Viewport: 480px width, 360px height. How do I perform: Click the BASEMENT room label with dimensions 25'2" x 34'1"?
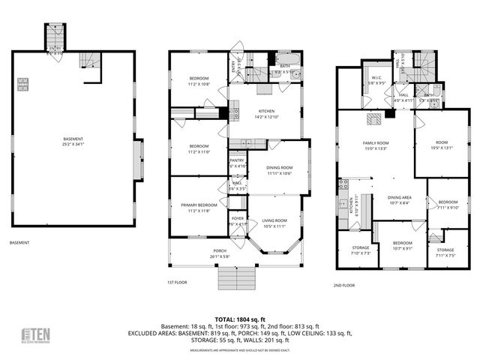(73, 140)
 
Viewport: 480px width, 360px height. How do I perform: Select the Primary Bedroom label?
(198, 207)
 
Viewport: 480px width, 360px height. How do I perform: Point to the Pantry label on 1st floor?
(237, 162)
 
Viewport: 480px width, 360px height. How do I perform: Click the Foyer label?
(237, 221)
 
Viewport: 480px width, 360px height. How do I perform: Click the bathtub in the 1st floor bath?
(287, 59)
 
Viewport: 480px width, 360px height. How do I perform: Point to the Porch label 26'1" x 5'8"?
(220, 253)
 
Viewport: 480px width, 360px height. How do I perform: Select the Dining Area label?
(399, 199)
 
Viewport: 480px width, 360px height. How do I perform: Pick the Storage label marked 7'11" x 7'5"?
(445, 253)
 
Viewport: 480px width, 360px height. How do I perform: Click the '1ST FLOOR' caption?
(177, 283)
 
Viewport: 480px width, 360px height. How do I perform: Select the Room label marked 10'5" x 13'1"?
(441, 145)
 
